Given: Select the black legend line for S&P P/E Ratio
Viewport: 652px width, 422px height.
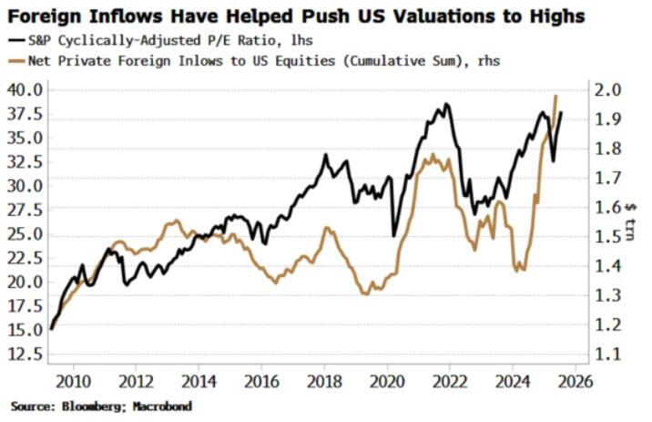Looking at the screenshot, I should pos(19,40).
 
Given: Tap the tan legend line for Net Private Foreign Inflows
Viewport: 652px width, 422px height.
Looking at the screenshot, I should pos(19,60).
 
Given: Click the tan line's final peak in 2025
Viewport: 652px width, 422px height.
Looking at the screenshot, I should pos(555,96).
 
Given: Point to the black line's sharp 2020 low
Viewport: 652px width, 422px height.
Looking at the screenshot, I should pos(394,236).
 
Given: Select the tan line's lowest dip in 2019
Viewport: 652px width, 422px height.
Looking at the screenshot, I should pos(365,293).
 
